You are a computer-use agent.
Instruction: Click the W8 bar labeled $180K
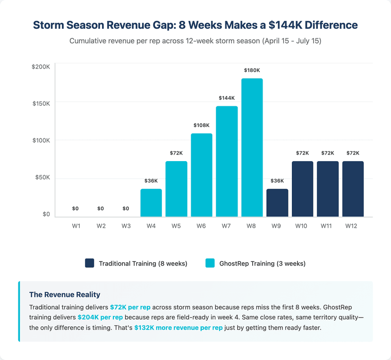tap(252, 147)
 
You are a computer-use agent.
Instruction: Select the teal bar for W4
tap(151, 203)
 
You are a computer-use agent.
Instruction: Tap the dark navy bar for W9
tap(277, 203)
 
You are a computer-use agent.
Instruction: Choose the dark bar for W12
tap(353, 189)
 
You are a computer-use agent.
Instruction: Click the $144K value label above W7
tap(227, 98)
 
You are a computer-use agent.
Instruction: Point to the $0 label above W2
tap(101, 208)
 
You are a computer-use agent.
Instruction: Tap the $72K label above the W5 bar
tap(176, 153)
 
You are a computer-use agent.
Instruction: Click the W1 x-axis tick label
tap(76, 226)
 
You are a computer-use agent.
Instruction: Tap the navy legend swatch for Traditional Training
tap(90, 263)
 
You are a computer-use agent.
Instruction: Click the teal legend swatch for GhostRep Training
tap(210, 263)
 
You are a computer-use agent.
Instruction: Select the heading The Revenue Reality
tap(64, 295)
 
